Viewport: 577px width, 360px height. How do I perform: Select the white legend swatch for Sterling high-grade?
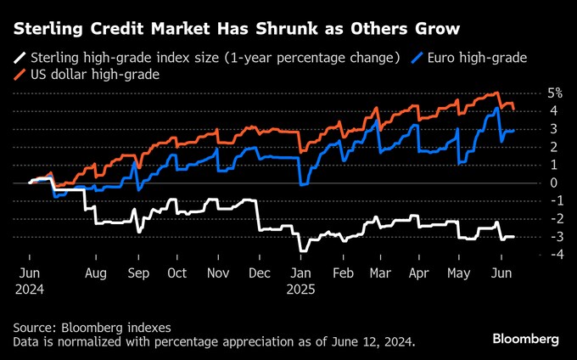[18, 59]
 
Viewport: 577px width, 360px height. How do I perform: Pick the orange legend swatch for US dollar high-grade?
[18, 75]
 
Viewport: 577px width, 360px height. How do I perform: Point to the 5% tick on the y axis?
[556, 93]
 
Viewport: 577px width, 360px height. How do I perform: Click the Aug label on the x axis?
[95, 274]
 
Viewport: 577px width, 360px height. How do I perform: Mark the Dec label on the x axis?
[259, 274]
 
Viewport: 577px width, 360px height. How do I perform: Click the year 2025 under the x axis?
[302, 290]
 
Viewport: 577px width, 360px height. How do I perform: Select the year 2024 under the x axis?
[30, 290]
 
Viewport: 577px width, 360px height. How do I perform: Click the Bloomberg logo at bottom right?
[526, 339]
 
